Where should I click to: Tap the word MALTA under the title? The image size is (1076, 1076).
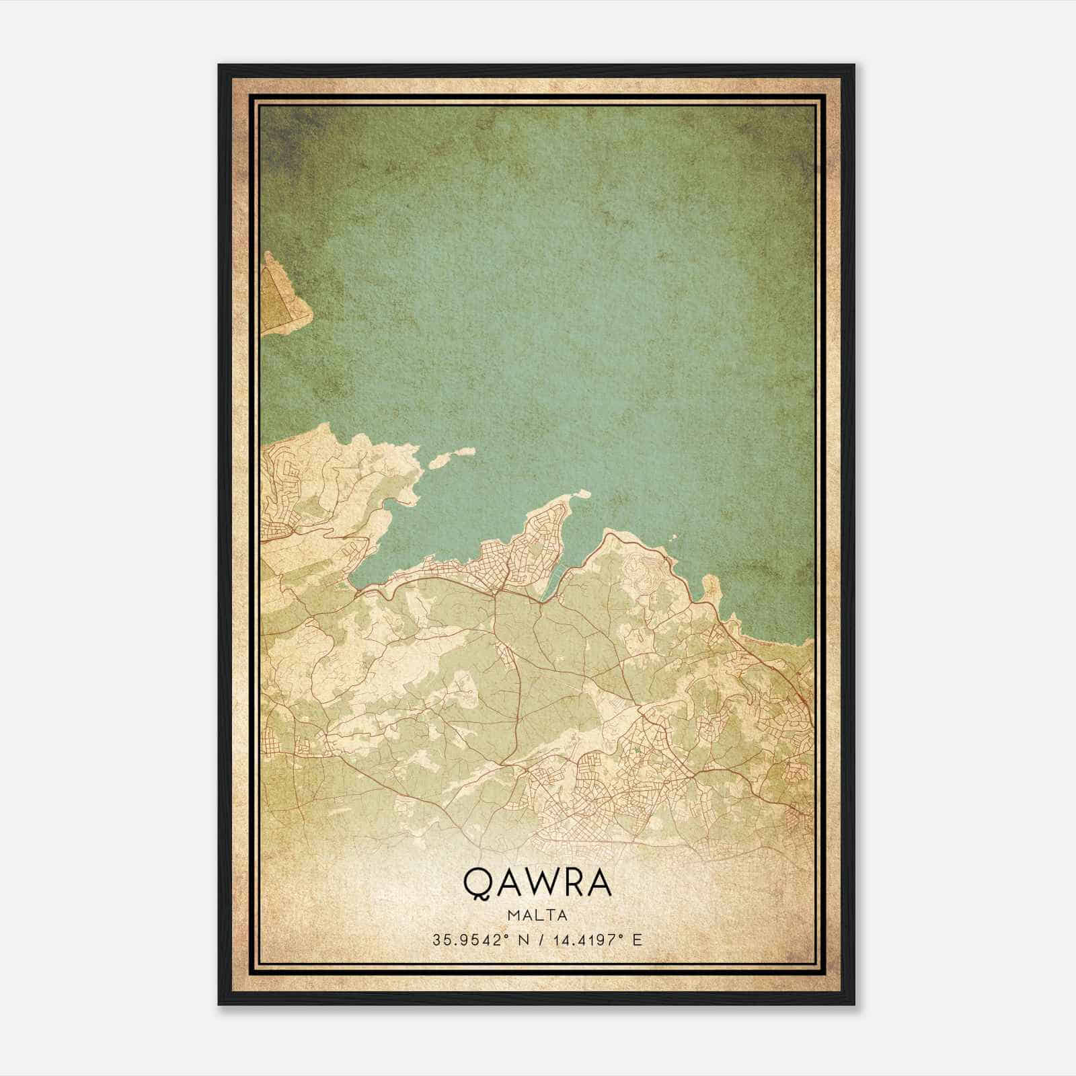(537, 915)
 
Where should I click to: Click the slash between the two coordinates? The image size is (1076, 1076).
(537, 939)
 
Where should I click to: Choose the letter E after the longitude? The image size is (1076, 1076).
(637, 939)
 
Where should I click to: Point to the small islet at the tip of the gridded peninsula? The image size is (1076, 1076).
(581, 495)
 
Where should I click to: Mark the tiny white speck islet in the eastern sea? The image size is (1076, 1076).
(675, 537)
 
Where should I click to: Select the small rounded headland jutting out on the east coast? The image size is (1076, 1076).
(710, 588)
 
